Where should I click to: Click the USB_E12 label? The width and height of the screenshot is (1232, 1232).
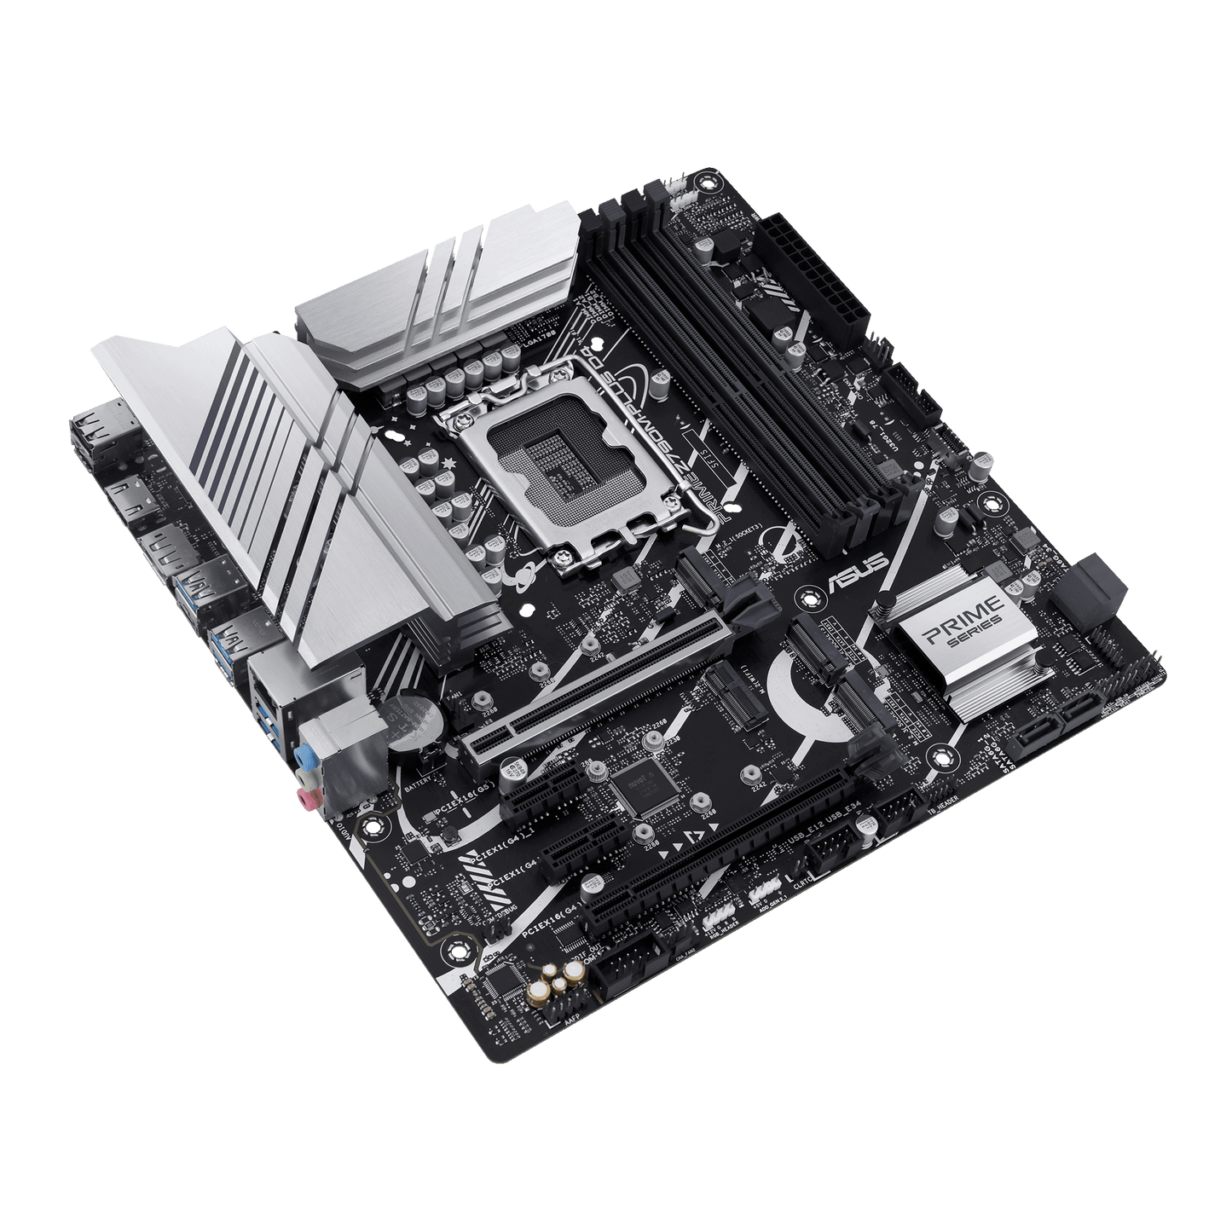coord(807,841)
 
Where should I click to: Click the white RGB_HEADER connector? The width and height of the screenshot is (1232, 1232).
coord(720,917)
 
